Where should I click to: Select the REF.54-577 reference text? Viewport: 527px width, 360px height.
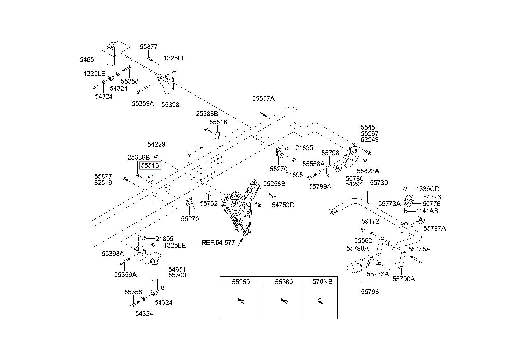(x=218, y=243)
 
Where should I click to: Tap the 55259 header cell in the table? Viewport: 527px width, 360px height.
(x=241, y=282)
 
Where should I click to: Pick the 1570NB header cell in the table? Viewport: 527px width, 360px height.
(x=321, y=282)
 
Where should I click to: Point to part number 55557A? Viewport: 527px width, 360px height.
(x=263, y=99)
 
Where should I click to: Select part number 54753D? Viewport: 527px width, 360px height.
(x=283, y=205)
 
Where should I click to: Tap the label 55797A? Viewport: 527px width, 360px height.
(x=435, y=228)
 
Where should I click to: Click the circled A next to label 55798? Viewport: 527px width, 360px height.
(x=338, y=168)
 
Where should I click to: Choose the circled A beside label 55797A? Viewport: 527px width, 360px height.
(x=421, y=220)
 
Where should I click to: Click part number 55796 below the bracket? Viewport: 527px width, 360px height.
(x=370, y=292)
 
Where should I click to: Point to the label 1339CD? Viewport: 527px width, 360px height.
(x=427, y=189)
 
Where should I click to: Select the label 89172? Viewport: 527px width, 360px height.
(x=370, y=221)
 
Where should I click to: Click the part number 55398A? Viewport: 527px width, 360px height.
(x=113, y=254)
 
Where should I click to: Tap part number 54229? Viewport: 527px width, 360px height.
(x=156, y=144)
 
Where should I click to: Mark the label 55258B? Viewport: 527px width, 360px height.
(x=274, y=184)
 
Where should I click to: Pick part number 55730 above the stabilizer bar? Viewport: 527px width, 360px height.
(x=379, y=183)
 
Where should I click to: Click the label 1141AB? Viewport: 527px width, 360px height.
(x=427, y=211)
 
